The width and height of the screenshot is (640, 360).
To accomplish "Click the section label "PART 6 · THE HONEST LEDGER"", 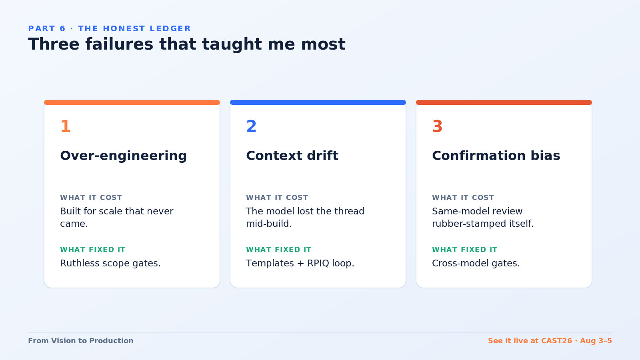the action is coord(110,28).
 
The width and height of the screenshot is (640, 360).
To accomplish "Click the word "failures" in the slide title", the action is coord(119,44).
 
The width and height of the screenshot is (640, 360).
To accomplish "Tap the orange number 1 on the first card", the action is coord(66,126).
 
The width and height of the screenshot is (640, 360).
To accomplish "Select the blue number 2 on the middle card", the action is coord(252,126).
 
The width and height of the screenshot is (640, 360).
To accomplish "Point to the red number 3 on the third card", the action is coord(438,126).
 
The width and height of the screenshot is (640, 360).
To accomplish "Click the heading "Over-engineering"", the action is coord(124,156).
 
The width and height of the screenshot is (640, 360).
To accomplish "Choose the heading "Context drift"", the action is coord(292,156).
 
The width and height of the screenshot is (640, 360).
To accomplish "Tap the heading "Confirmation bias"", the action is coord(496,156).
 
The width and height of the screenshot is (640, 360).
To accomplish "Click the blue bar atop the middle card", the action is coord(318,102).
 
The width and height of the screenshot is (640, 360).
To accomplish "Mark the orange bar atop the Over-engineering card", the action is coord(132,102).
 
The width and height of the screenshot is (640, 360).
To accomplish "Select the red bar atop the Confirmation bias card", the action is coord(504,102).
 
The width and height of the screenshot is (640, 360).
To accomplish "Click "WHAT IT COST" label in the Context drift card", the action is coord(277,198).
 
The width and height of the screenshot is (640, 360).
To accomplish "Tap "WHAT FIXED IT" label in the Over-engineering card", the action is coord(93,250).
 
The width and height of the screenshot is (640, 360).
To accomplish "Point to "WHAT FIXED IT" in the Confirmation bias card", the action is coord(465,250).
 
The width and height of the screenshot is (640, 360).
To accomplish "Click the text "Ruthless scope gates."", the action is coord(110,264).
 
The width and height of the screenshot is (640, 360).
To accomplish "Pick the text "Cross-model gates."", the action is coord(476,264).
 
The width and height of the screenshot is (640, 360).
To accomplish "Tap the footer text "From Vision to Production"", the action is coord(80,341).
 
